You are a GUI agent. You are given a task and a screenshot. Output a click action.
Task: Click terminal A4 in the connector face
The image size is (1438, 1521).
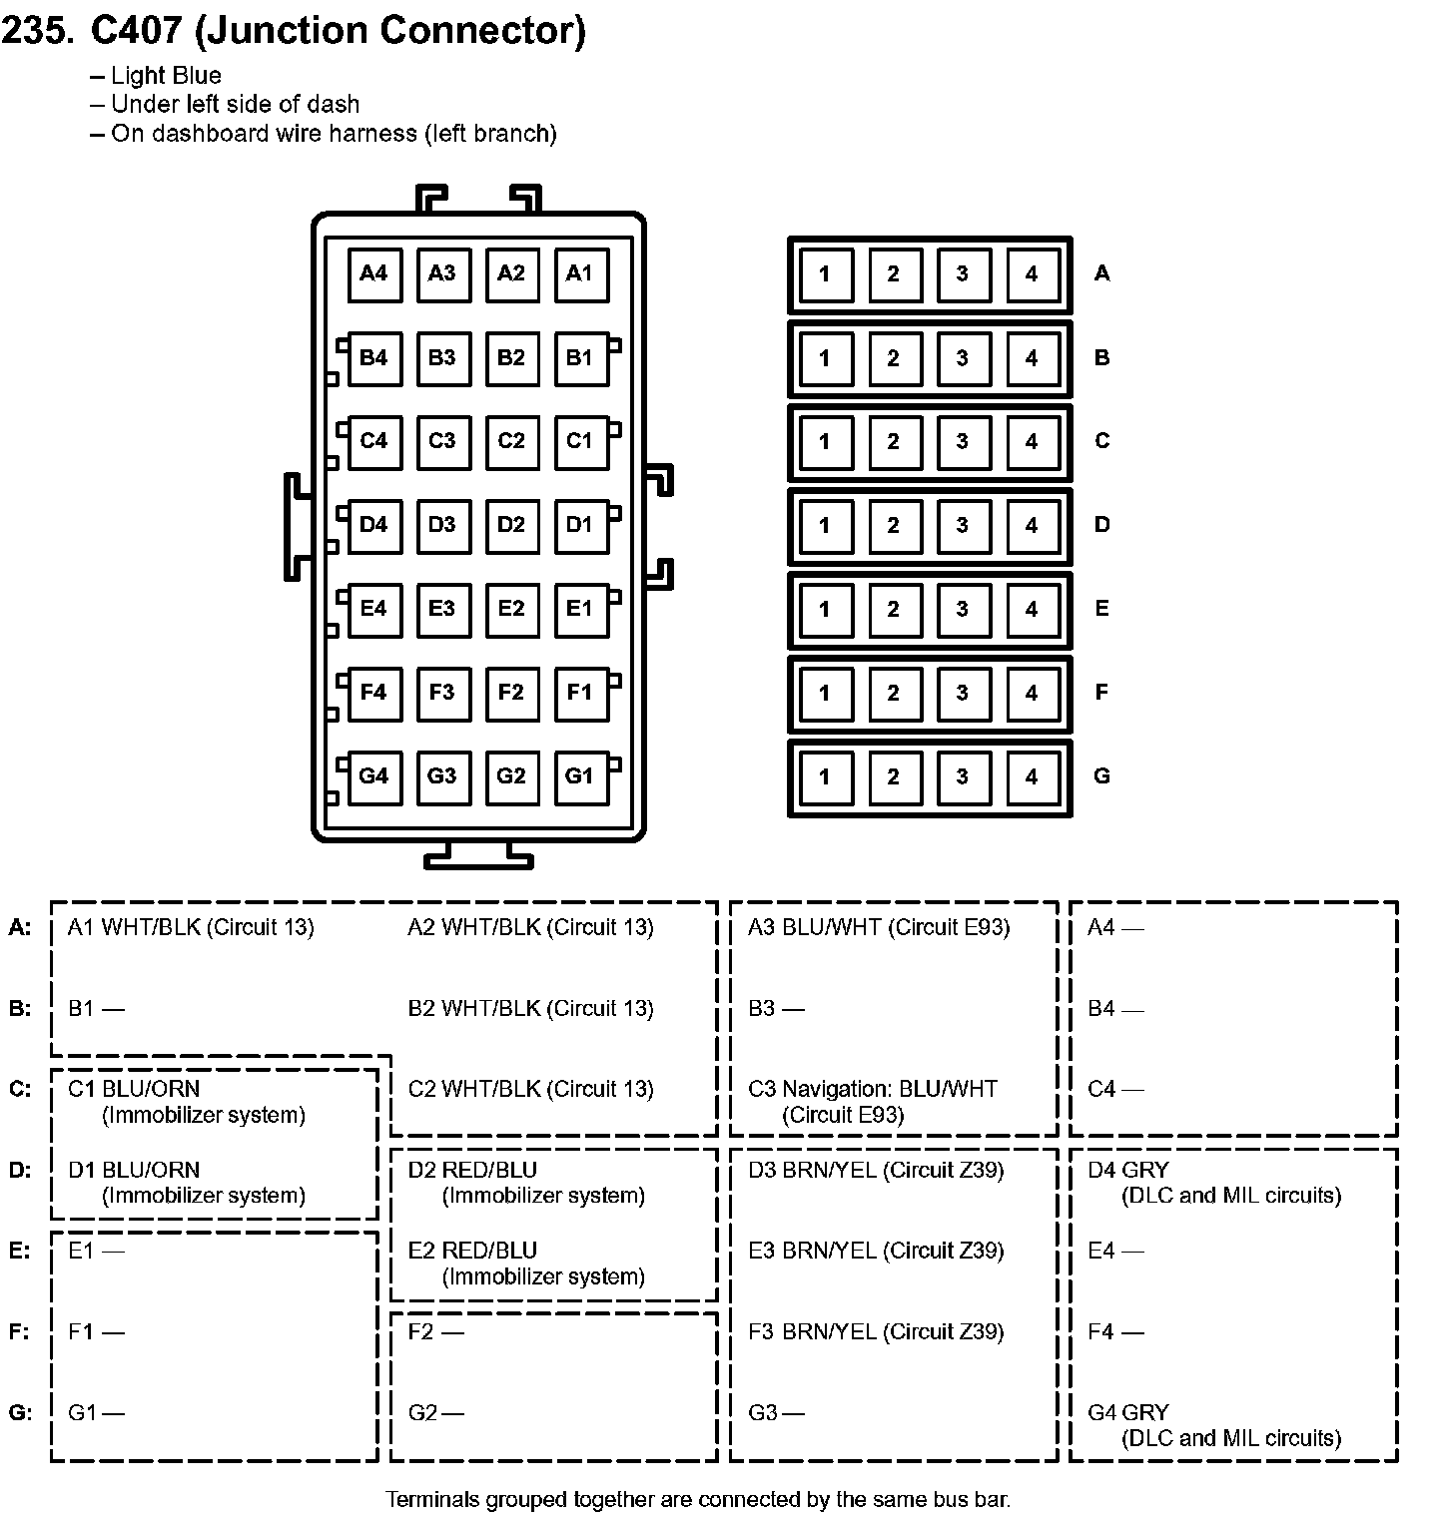[373, 273]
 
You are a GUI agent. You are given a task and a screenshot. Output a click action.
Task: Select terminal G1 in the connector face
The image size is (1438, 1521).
[579, 776]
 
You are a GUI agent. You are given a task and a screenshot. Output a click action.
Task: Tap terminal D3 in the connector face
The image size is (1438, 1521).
[442, 525]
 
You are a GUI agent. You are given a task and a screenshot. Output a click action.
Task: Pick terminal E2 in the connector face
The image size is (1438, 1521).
[511, 609]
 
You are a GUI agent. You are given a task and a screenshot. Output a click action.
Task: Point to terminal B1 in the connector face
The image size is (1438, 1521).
[579, 357]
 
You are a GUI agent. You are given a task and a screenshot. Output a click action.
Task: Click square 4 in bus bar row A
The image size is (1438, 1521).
[1032, 273]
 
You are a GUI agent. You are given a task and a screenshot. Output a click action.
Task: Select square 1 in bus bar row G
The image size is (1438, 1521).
[825, 776]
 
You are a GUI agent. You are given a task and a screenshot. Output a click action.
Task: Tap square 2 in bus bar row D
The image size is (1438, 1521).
[894, 525]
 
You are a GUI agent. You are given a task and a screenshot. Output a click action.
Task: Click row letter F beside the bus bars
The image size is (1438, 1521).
[1101, 693]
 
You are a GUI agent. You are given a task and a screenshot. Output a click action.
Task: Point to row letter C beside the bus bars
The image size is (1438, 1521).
[1101, 441]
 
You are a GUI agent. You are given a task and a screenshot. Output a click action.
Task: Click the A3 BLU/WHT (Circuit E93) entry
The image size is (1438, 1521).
[879, 928]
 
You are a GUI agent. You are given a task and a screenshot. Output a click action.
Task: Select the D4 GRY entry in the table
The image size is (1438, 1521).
[1213, 1182]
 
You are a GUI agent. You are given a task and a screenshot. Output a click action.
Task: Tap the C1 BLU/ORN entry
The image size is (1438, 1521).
[186, 1101]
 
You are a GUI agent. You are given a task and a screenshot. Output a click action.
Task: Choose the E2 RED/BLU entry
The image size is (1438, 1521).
[526, 1263]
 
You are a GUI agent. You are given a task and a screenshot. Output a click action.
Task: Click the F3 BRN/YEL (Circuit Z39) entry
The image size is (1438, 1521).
[876, 1332]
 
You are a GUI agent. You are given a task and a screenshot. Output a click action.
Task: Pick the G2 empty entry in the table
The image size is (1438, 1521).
[436, 1413]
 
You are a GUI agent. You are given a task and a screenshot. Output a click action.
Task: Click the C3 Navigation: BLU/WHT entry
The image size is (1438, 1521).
[873, 1101]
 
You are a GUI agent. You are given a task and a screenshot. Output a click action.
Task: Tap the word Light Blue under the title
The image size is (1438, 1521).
[166, 76]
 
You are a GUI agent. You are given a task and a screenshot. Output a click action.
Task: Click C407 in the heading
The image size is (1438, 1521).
[136, 31]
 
